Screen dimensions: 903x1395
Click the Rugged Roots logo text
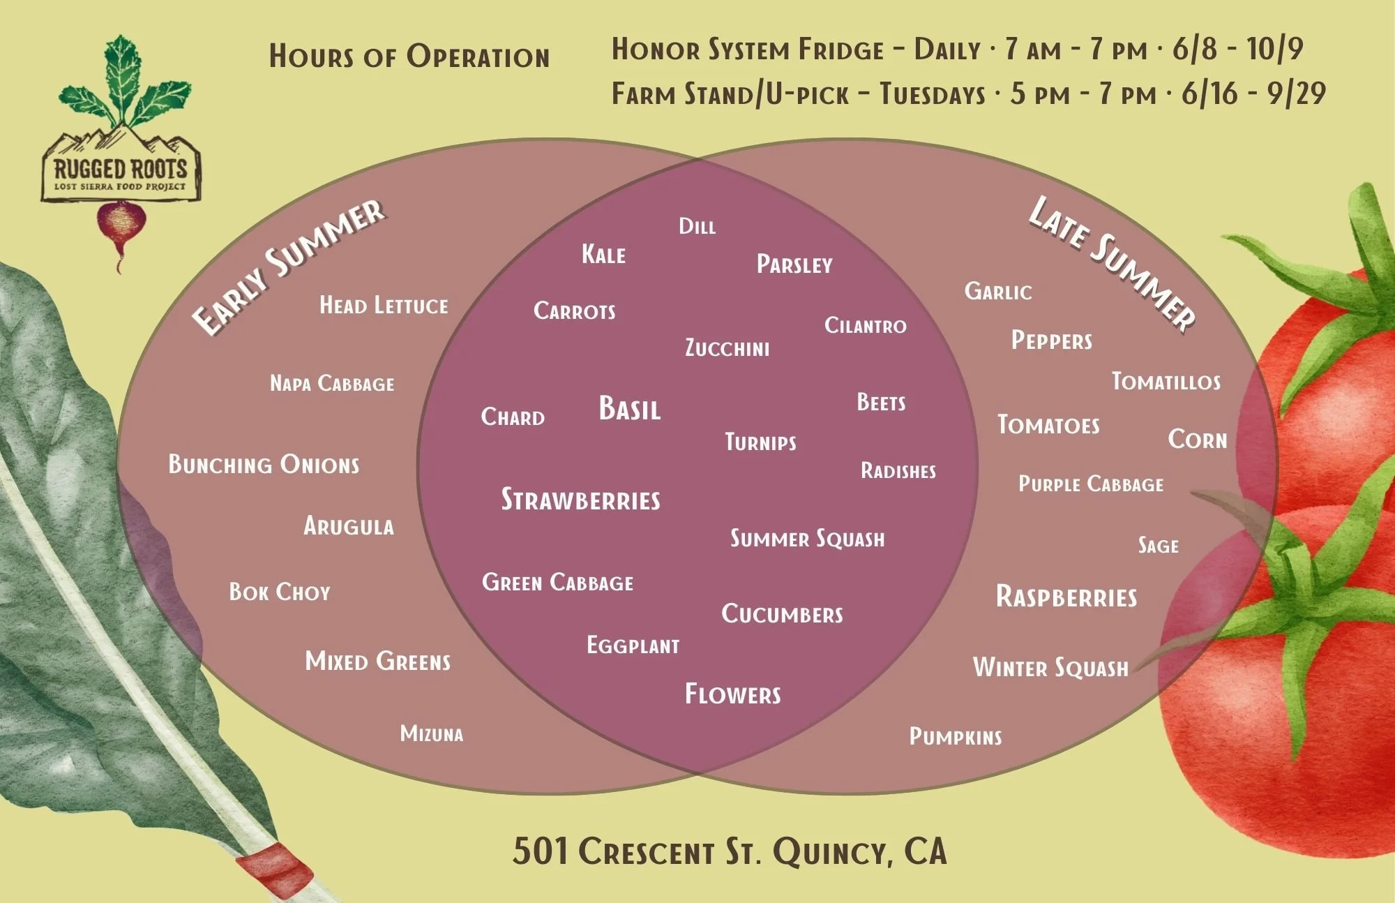pos(120,168)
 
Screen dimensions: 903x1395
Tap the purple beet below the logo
pos(121,227)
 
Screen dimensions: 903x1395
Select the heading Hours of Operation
pos(409,57)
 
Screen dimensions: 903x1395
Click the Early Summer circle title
pos(288,266)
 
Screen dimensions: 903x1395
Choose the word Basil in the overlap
pos(629,409)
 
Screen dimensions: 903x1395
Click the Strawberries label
pos(580,500)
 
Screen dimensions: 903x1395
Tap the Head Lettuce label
pos(384,305)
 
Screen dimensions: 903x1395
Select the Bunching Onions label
pos(264,464)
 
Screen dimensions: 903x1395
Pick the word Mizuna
pos(431,733)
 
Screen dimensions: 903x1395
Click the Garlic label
pos(997,291)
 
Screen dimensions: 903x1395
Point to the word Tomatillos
pos(1166,381)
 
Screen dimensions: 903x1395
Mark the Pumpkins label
pos(955,736)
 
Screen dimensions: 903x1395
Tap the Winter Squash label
pos(1050,667)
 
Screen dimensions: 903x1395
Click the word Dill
pos(697,226)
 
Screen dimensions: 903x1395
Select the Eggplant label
pos(633,645)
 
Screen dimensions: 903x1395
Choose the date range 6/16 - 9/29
pos(1253,94)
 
